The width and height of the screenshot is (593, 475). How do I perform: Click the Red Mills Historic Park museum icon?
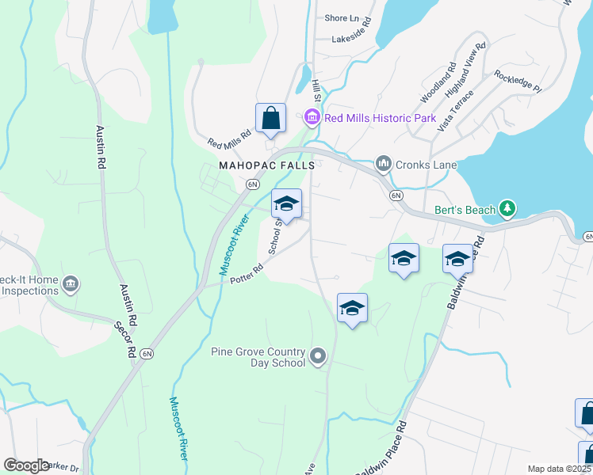[x=312, y=119]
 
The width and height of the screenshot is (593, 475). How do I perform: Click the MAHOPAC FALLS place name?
[x=267, y=165]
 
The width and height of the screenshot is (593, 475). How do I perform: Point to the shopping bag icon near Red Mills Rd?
[x=270, y=119]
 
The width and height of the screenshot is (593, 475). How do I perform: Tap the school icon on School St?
[x=286, y=204]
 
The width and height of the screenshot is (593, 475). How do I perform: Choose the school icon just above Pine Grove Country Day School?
[x=352, y=308]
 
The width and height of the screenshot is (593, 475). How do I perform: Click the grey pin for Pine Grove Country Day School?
[x=318, y=356]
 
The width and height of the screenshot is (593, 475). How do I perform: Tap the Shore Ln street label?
[x=342, y=18]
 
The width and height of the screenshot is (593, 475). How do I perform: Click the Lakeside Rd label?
[x=351, y=37]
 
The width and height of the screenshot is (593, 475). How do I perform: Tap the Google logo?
[x=26, y=465]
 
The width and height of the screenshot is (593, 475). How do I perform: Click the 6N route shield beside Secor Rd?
[x=147, y=354]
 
